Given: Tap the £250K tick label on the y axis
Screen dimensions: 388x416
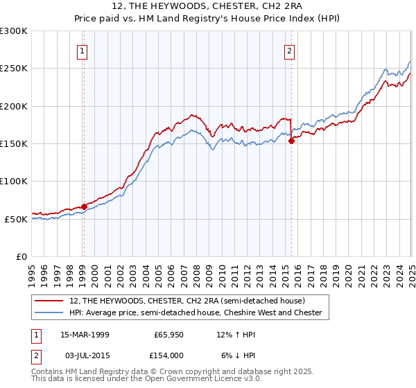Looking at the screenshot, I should (14, 69).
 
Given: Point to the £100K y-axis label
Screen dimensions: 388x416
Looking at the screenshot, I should (14, 182).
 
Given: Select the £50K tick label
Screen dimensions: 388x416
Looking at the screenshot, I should (16, 219).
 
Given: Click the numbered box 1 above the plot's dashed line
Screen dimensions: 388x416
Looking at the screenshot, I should (83, 50).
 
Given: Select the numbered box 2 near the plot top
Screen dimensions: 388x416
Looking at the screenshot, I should (289, 50).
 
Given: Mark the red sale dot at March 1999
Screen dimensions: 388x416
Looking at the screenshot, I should (84, 206).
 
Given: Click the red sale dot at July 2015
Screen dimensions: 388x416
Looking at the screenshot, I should (291, 141).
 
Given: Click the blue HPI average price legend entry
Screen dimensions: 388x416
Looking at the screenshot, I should (196, 313).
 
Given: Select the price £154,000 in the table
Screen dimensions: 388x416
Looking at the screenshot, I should (168, 355).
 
